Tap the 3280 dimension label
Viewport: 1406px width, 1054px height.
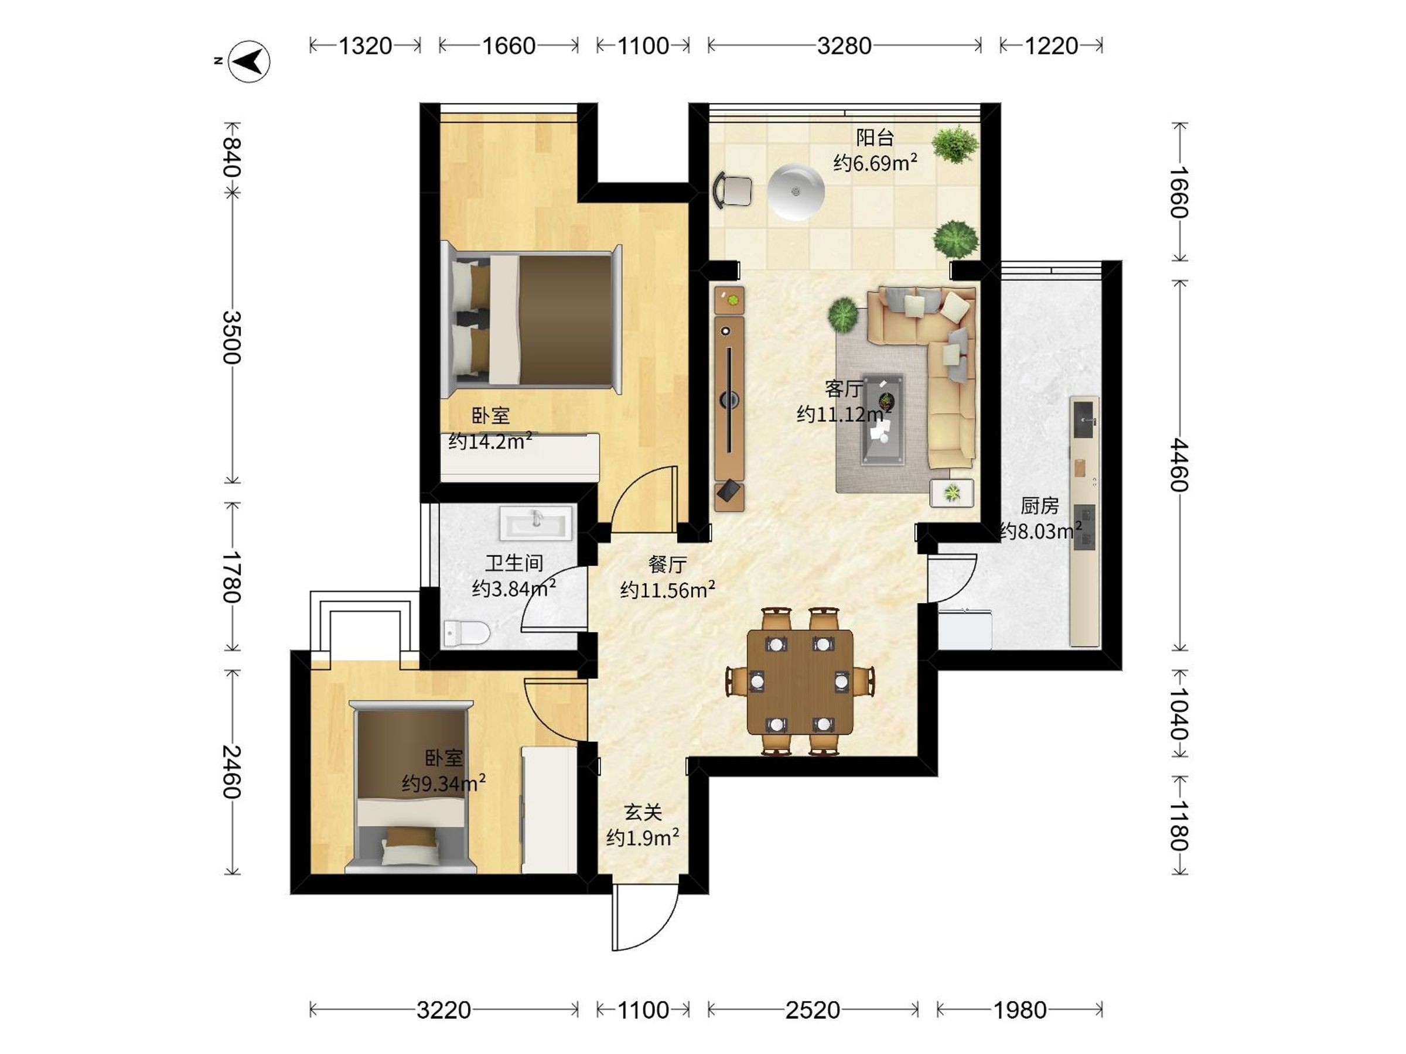coord(844,46)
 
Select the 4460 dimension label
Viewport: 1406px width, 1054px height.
coord(1180,464)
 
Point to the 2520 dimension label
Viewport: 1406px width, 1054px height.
coord(813,1009)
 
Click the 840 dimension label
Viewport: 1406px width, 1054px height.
coord(231,158)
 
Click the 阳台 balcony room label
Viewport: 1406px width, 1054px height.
coord(875,137)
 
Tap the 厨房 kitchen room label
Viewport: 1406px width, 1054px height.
coord(1040,506)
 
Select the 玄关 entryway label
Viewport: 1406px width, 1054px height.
coord(643,812)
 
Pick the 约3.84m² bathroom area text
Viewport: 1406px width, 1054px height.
coord(514,588)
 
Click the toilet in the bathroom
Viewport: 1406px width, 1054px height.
coord(466,634)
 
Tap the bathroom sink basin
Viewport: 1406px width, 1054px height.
coord(537,523)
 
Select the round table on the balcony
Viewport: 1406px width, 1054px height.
coord(796,192)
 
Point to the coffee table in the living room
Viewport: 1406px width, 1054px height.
coord(883,419)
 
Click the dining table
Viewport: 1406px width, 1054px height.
coord(800,682)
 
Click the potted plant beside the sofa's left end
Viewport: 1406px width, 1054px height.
coord(844,314)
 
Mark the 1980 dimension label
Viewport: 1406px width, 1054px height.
coord(1020,1009)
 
